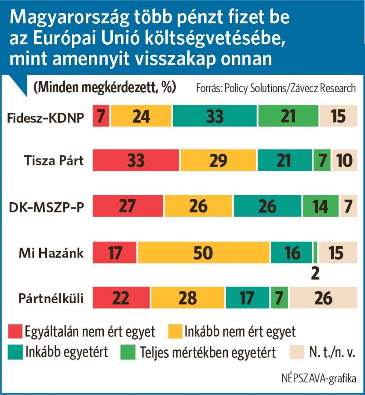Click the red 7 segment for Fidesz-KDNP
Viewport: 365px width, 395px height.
point(101,116)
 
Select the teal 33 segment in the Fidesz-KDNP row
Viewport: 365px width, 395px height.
point(215,116)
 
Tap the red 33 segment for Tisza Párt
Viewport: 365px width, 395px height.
point(136,161)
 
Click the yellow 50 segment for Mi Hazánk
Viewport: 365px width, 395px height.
point(204,252)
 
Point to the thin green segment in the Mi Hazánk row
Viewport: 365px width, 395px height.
point(315,252)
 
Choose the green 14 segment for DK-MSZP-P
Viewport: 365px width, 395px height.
point(321,207)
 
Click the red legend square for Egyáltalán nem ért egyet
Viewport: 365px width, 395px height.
point(15,331)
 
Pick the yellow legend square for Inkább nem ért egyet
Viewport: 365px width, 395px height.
point(175,331)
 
